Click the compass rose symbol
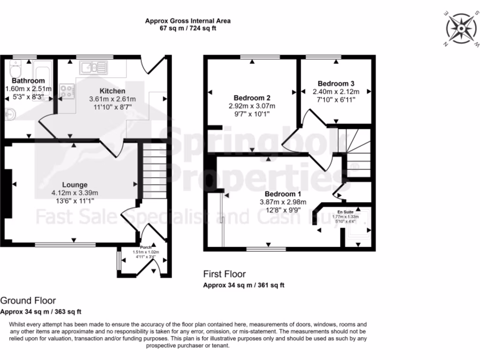point(459,29)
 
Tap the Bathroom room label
point(28,81)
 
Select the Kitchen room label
point(112,91)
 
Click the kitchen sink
point(93,68)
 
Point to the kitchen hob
point(67,91)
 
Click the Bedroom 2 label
point(252,98)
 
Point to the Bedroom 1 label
point(283,194)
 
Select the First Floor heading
point(224,274)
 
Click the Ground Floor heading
point(28,300)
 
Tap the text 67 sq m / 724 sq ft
point(187,28)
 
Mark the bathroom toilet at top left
point(15,70)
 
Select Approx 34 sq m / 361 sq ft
point(243,285)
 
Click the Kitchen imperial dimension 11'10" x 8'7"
point(112,107)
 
